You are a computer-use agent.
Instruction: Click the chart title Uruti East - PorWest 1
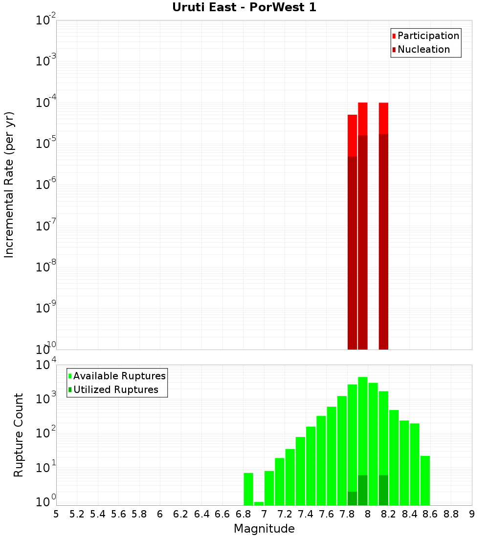(x=244, y=7)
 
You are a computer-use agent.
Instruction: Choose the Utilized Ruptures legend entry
(x=115, y=390)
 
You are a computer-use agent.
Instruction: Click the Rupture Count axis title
(x=19, y=435)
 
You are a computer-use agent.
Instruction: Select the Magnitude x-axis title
(x=264, y=528)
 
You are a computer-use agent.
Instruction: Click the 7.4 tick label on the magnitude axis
(x=306, y=514)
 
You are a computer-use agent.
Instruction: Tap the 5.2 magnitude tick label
(x=77, y=514)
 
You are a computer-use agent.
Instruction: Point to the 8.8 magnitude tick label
(x=451, y=514)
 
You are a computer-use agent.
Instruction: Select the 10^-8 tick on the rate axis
(x=45, y=267)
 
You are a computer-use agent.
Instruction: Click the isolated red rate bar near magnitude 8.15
(x=383, y=220)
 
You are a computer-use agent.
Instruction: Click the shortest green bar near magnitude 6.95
(x=259, y=503)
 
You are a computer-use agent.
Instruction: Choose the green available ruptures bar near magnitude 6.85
(x=248, y=489)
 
